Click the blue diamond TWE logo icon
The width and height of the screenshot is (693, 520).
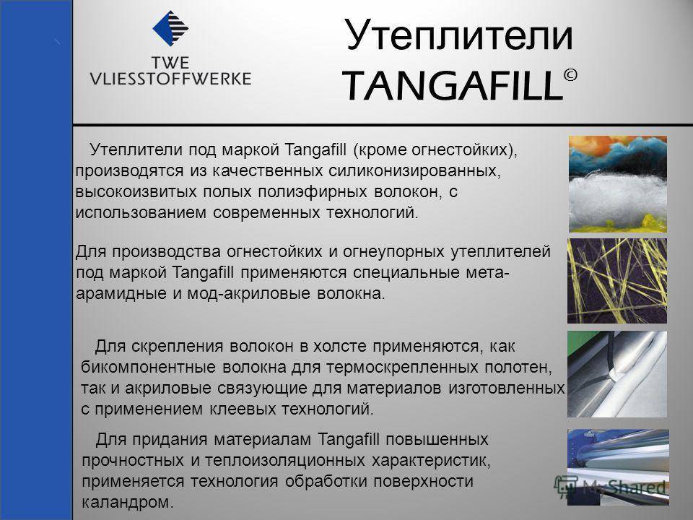point(170,29)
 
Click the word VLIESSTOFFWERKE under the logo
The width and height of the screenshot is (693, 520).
point(170,79)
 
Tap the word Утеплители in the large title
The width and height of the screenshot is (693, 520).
point(459,35)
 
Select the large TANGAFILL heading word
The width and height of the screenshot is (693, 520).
point(453,85)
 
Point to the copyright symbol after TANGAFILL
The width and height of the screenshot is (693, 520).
point(570,75)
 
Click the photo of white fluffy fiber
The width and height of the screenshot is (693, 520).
point(617,184)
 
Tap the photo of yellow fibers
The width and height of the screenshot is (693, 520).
point(617,281)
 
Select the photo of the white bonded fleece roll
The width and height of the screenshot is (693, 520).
point(617,374)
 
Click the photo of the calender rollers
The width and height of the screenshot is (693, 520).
point(618,467)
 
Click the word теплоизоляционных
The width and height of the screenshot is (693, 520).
point(285,460)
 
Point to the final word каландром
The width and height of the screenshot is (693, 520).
point(128,503)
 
